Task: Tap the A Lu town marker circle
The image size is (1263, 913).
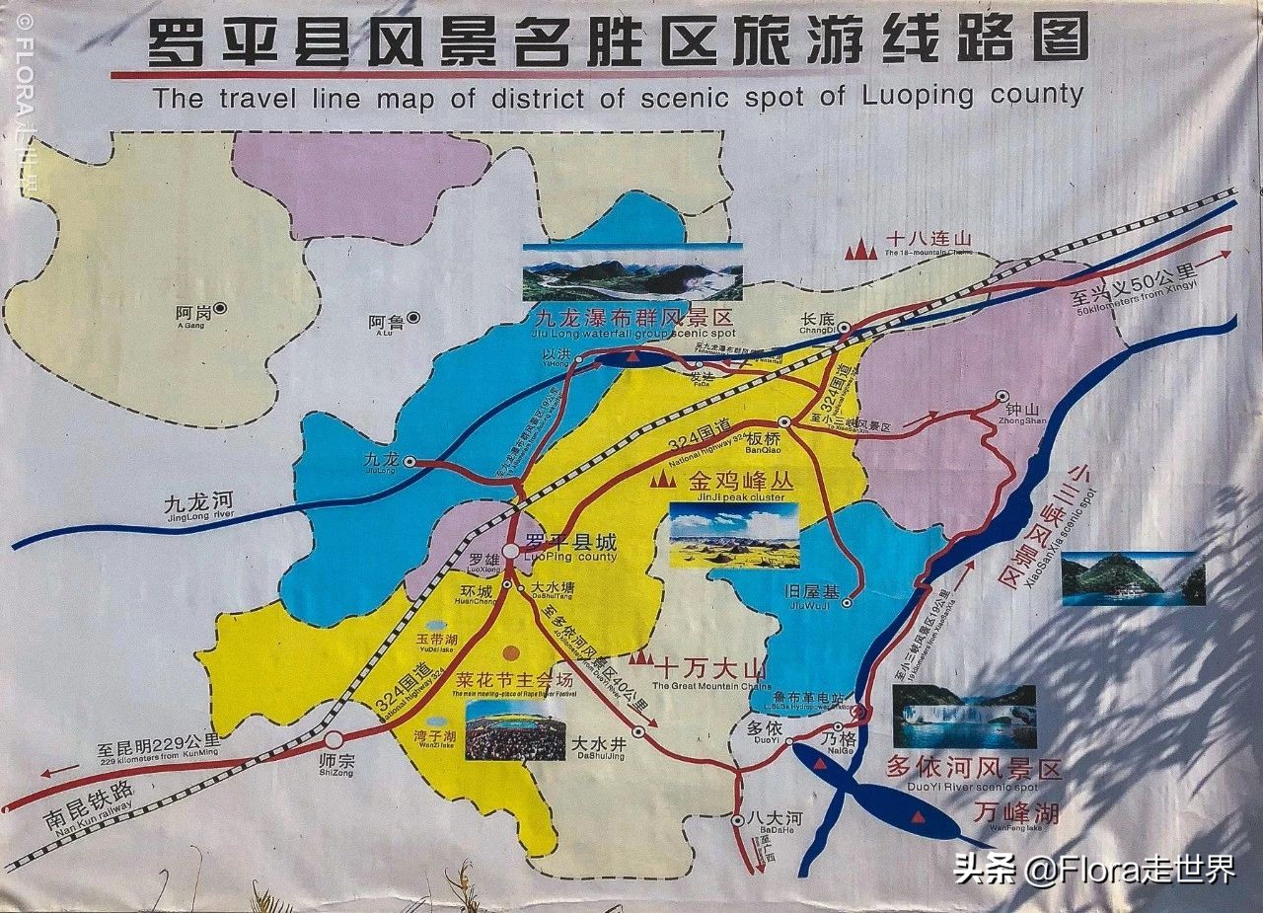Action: tap(413, 318)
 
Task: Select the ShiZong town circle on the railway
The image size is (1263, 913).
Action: tap(334, 739)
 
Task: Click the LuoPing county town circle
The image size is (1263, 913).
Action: tap(510, 552)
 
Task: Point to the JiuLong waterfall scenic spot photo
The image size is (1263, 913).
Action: tap(631, 272)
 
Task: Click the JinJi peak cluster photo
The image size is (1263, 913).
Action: tap(733, 536)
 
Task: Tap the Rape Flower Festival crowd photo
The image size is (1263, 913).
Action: tap(514, 730)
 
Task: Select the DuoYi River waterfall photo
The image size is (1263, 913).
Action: tap(964, 716)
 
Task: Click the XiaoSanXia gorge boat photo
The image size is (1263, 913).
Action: tap(1133, 577)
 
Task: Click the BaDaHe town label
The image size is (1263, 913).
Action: tap(761, 820)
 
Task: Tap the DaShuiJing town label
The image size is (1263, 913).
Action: tap(599, 744)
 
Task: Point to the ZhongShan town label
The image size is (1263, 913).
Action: tap(1021, 411)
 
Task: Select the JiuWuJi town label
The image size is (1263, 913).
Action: tap(811, 593)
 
